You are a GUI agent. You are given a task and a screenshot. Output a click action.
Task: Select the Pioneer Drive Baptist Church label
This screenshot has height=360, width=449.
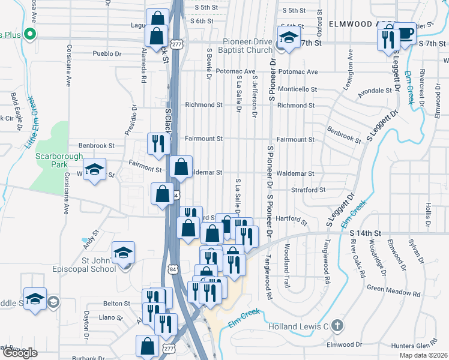coord(240,46)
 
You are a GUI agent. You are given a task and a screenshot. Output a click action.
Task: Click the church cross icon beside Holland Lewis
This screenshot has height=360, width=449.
coord(337,326)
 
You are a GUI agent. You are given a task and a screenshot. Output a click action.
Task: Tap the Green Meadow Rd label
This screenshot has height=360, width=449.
coord(393,288)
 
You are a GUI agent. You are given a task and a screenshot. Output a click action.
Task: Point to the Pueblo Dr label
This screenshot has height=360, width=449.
coord(107,53)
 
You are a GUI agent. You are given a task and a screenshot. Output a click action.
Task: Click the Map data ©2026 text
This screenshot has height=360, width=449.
coord(423,355)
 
